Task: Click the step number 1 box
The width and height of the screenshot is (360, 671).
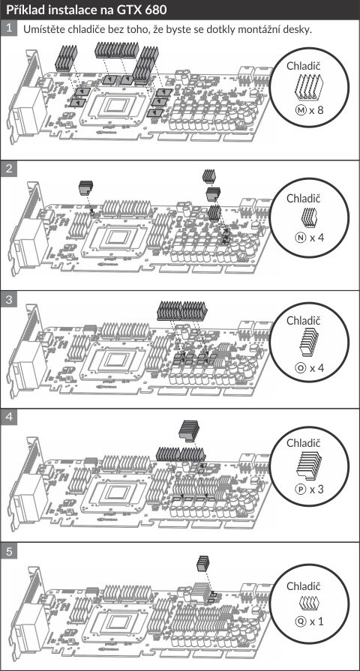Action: pyautogui.click(x=8, y=29)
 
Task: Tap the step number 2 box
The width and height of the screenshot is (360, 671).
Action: pyautogui.click(x=8, y=168)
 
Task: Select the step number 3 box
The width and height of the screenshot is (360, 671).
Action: pyautogui.click(x=8, y=298)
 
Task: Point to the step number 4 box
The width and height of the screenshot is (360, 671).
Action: pyautogui.click(x=8, y=418)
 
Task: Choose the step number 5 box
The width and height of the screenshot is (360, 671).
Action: pyautogui.click(x=8, y=551)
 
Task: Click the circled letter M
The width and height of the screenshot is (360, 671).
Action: pyautogui.click(x=301, y=110)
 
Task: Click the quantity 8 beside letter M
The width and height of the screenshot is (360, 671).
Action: pyautogui.click(x=319, y=110)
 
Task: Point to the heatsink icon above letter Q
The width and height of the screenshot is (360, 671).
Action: pyautogui.click(x=310, y=604)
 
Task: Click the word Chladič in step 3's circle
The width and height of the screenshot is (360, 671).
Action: pyautogui.click(x=304, y=321)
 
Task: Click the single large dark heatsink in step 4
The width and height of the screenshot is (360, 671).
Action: pyautogui.click(x=189, y=430)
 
